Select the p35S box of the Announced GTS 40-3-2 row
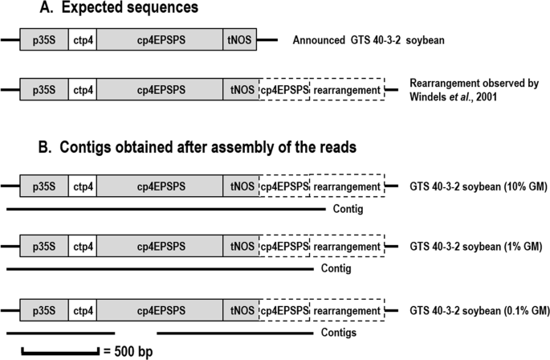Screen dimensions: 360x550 pos(43,39)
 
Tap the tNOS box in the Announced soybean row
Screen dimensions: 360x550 pos(241,39)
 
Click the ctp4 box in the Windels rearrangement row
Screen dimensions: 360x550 pos(83,88)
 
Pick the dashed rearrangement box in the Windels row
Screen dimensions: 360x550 pos(347,88)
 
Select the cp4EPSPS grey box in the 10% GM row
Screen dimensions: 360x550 pos(161,186)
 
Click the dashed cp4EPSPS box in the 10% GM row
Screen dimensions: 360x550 pos(284,186)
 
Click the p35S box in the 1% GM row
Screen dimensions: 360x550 pos(43,245)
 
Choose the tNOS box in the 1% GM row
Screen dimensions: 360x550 pos(241,245)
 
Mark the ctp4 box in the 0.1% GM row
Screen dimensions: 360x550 pos(83,309)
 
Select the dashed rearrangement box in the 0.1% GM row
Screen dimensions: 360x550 pos(347,309)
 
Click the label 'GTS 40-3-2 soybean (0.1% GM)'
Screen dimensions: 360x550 pos(479,309)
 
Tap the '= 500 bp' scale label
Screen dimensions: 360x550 pos(128,351)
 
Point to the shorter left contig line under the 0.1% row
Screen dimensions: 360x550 pos(60,330)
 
